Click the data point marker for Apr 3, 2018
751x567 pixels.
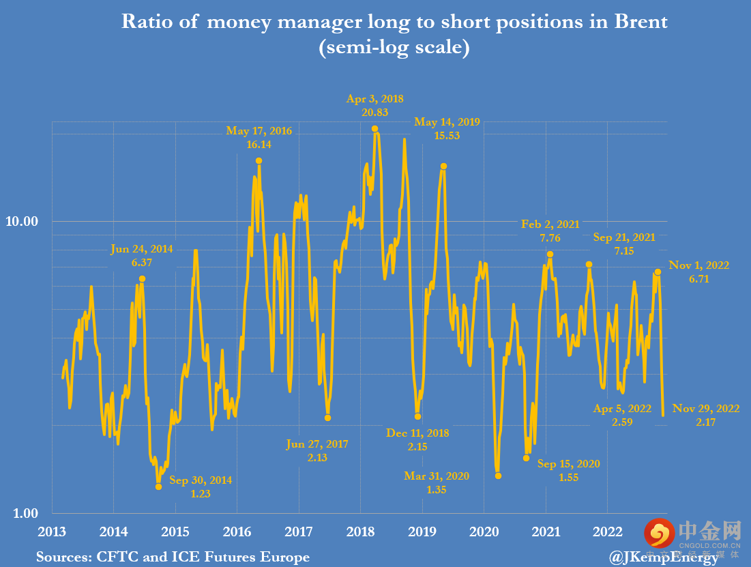click(x=374, y=128)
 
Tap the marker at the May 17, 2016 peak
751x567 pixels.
click(x=259, y=161)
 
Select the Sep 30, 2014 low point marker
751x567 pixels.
click(x=159, y=486)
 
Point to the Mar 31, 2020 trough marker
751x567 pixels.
click(x=498, y=476)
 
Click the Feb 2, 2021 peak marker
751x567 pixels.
click(x=550, y=255)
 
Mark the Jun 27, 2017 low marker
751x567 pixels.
click(x=328, y=418)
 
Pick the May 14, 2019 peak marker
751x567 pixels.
click(x=443, y=166)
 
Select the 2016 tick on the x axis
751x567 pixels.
click(x=237, y=532)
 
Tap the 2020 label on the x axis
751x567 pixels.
click(x=484, y=532)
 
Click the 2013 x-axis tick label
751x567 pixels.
click(x=52, y=532)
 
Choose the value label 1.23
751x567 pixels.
click(x=200, y=494)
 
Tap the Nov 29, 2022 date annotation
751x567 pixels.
click(x=705, y=409)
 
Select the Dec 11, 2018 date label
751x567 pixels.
click(x=417, y=433)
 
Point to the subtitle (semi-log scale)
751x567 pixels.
click(x=394, y=49)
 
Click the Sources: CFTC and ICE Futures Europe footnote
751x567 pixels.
click(x=173, y=557)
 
